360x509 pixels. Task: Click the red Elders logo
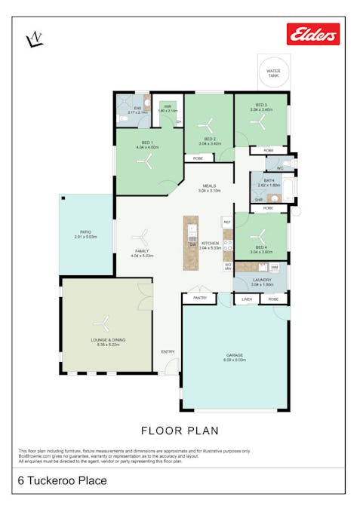(312, 34)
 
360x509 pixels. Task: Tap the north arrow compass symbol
(34, 39)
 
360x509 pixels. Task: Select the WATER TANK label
(272, 73)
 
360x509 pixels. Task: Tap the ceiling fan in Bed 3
(260, 123)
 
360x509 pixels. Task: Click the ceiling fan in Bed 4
(260, 233)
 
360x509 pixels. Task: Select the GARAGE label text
(235, 355)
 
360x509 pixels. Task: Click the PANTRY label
(199, 299)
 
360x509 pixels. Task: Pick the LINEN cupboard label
(246, 299)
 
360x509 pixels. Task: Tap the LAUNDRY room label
(260, 280)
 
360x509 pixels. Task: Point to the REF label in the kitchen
(226, 222)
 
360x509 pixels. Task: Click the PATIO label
(86, 233)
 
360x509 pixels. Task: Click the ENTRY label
(168, 351)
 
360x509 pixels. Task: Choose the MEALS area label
(208, 186)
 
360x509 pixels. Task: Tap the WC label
(279, 168)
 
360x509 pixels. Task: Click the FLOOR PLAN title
(180, 431)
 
